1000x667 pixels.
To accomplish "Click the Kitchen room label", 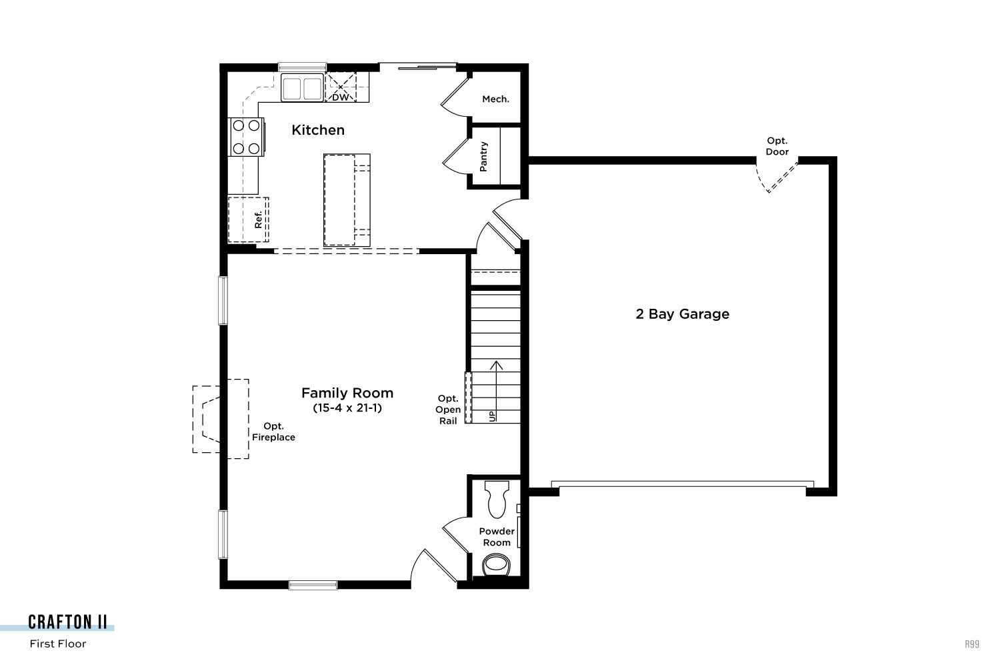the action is (318, 130).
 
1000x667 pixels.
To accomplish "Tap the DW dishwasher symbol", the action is (341, 87).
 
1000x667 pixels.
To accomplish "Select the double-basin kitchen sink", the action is (302, 87).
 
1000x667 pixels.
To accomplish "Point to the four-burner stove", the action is (247, 137).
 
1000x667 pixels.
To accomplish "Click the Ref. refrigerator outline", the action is (248, 220).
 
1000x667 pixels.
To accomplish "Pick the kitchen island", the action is (347, 200).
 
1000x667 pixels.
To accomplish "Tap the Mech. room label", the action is (495, 99).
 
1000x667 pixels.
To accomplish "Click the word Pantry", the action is (483, 156).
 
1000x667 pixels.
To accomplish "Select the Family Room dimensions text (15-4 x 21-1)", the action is (347, 408).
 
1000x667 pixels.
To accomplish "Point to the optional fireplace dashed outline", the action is (221, 419).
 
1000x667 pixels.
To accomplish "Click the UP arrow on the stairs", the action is (496, 391).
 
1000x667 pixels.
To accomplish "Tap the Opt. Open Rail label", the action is (448, 410).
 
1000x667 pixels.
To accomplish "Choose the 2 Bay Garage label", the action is (682, 314).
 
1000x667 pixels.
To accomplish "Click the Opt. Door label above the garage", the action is (777, 146).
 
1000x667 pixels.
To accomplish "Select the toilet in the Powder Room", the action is (497, 499).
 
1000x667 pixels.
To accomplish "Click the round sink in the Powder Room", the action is (496, 565).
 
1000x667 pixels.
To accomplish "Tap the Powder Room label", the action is (497, 536).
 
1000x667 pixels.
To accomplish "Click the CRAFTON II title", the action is (67, 622).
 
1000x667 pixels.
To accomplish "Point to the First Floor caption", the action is (57, 644).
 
